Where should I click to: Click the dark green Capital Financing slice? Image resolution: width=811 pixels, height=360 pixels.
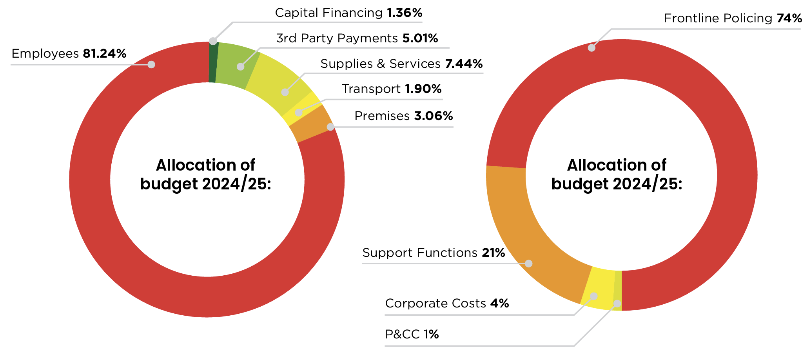[212, 63]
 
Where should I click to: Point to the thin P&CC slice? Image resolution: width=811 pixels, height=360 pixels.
[618, 290]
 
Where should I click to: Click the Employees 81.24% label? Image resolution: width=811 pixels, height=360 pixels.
[69, 53]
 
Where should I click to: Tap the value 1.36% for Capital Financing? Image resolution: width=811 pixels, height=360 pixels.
[405, 13]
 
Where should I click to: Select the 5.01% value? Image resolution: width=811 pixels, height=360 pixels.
[420, 38]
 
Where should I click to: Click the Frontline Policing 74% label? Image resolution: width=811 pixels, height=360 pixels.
[733, 18]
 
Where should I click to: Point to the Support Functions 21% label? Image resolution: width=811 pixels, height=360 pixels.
[434, 253]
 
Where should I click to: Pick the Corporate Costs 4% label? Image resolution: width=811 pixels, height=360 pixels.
[447, 304]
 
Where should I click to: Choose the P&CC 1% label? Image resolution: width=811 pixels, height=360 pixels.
[412, 335]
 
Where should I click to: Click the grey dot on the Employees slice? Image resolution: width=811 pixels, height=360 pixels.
[151, 64]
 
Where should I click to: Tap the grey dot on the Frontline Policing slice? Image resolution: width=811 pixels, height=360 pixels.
[591, 48]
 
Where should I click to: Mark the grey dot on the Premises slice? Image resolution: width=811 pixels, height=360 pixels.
[330, 127]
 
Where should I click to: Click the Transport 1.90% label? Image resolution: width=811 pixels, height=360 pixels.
[392, 89]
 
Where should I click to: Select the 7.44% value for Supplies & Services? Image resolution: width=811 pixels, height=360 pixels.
[464, 64]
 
